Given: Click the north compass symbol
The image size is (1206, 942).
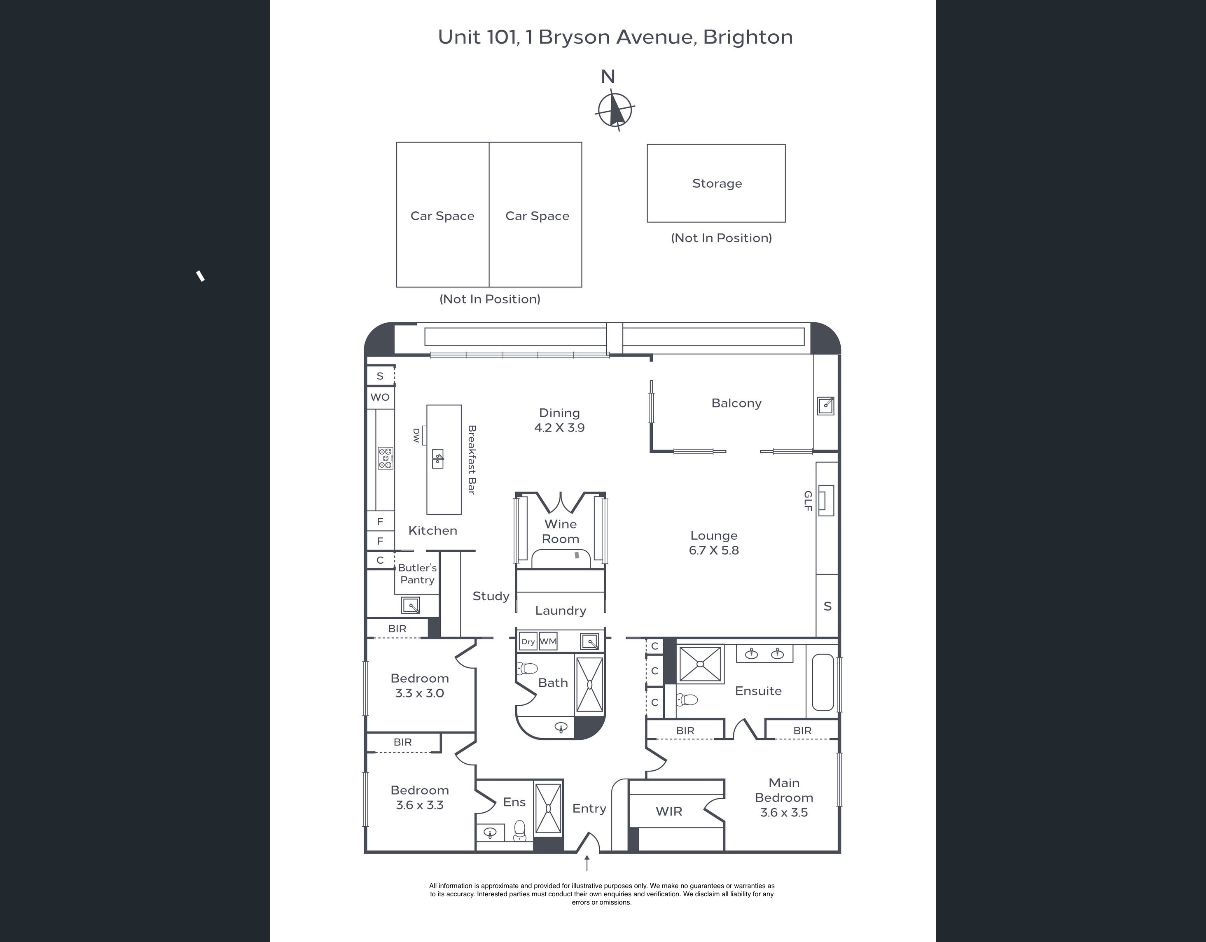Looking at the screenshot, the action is pyautogui.click(x=614, y=111).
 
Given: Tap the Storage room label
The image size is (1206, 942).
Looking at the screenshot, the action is pyautogui.click(x=717, y=183).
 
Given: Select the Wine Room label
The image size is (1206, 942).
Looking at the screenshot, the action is pyautogui.click(x=561, y=532).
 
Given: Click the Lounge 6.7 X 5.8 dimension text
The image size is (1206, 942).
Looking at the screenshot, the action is pyautogui.click(x=714, y=550).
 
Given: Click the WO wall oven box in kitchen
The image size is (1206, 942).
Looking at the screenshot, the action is pyautogui.click(x=380, y=397).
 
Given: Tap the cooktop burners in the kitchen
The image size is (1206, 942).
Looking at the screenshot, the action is pyautogui.click(x=386, y=458).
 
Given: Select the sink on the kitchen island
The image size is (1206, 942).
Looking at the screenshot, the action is pyautogui.click(x=437, y=459).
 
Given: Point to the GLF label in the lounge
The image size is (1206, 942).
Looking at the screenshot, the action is pyautogui.click(x=807, y=501).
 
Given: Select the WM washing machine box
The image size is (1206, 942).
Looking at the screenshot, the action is pyautogui.click(x=548, y=641).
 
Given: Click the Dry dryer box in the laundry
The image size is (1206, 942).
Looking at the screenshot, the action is pyautogui.click(x=528, y=641).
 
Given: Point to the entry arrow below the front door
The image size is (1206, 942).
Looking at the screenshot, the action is pyautogui.click(x=587, y=863).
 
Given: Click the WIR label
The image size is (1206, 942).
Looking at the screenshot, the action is pyautogui.click(x=669, y=811).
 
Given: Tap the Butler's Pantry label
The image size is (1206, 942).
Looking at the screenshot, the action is pyautogui.click(x=418, y=574).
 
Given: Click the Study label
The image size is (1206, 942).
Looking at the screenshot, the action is pyautogui.click(x=491, y=597).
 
